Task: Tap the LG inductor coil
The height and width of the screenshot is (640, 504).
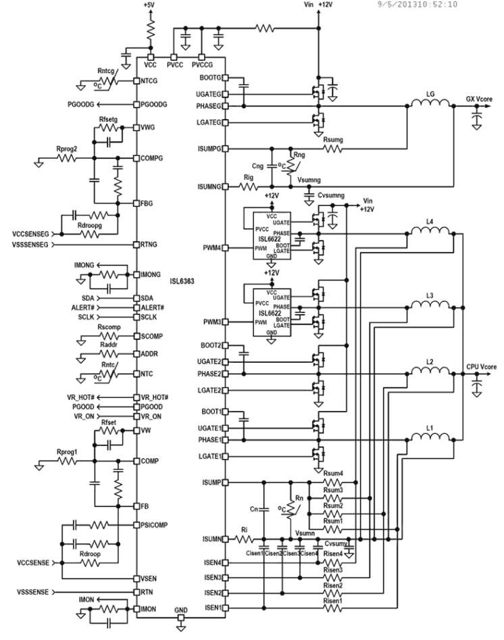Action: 430,105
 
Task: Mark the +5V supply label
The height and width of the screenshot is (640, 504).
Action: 149,5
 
